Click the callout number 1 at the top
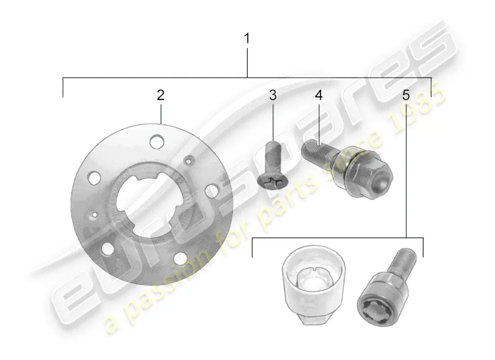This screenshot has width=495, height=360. (x=247, y=39)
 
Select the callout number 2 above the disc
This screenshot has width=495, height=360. (x=161, y=95)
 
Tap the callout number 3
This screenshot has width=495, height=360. (x=273, y=95)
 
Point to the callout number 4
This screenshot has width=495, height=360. (x=319, y=95)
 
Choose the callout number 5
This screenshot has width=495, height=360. (x=406, y=95)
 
